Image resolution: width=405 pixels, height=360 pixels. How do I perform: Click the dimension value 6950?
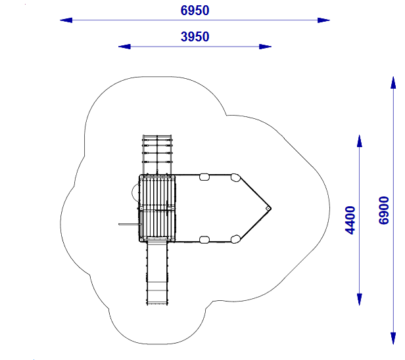click(195, 11)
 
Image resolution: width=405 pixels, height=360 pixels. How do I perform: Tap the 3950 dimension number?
click(195, 37)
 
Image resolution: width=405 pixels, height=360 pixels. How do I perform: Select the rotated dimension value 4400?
click(350, 220)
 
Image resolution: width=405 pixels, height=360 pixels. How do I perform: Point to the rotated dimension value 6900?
click(384, 210)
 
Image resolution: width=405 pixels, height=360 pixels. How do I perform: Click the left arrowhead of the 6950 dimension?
click(66, 20)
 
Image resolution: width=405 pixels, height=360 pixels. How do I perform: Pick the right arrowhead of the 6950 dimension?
click(323, 20)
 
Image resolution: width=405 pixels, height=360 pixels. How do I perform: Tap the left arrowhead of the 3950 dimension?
click(124, 47)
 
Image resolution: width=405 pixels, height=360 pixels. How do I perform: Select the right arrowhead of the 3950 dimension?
click(265, 47)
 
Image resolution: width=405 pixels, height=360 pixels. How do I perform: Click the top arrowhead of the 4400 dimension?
click(360, 141)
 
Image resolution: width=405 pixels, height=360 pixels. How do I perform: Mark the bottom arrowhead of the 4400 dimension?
click(360, 300)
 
